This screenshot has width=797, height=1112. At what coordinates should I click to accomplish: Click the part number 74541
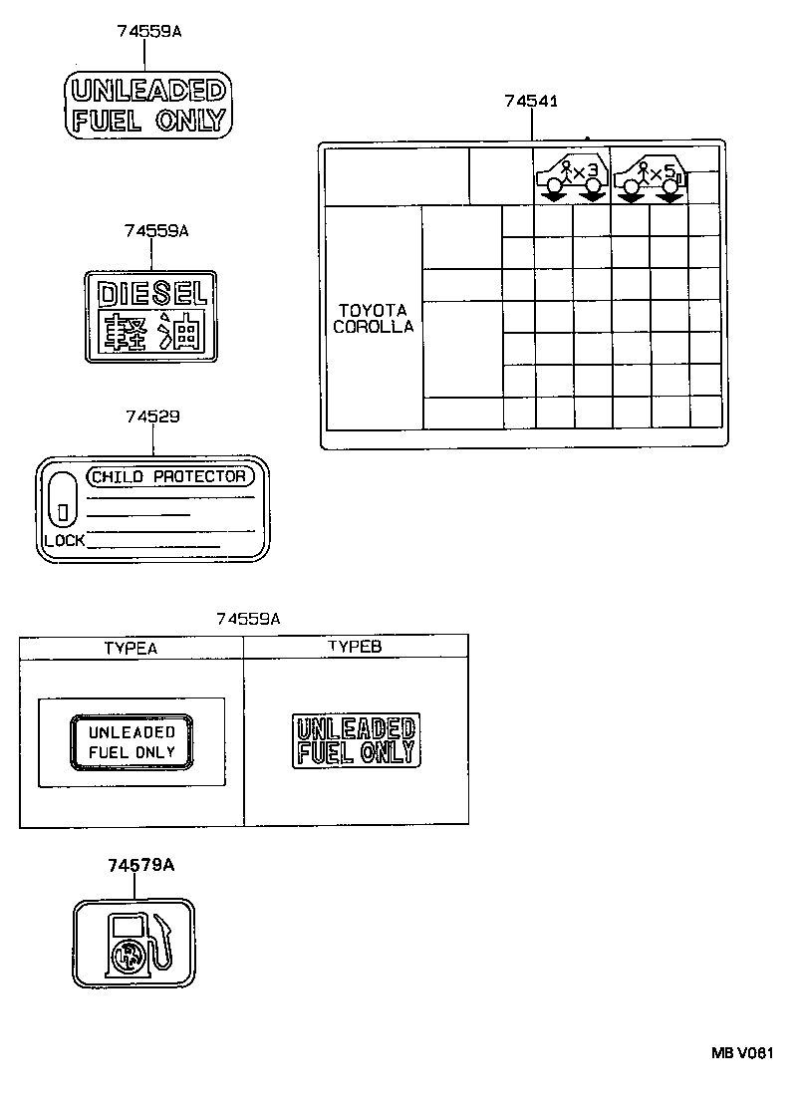(530, 101)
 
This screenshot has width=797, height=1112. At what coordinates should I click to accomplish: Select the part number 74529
(152, 417)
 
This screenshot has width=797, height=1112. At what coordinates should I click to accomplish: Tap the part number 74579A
(141, 865)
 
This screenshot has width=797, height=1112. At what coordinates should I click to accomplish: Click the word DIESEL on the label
(149, 292)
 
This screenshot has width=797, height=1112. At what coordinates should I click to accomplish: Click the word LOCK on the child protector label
(65, 541)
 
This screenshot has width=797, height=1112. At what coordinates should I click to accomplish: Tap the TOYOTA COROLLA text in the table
(374, 318)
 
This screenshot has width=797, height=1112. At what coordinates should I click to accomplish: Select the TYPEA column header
(131, 648)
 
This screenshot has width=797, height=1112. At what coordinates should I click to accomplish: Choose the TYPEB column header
(355, 647)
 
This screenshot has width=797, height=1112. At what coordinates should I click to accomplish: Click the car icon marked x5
(649, 176)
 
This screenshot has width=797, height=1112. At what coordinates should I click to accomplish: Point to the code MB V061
(741, 1052)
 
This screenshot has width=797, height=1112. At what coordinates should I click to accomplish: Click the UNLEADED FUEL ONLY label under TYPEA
(132, 742)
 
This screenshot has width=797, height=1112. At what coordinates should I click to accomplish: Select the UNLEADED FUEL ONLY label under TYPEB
(355, 740)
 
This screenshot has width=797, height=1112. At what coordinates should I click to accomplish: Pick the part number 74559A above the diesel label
(156, 230)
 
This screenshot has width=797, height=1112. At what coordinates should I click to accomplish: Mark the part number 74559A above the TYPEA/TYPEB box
(247, 619)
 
